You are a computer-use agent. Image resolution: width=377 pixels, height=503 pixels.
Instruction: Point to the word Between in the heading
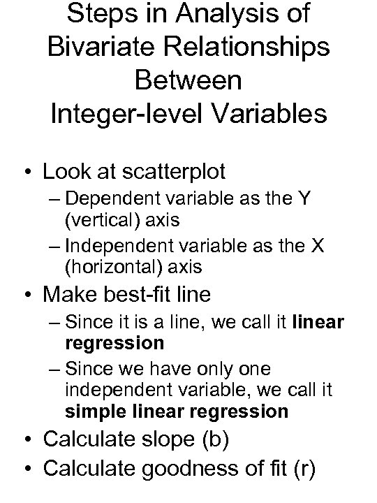[x=189, y=80]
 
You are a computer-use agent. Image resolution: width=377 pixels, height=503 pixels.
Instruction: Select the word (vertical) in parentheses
[x=105, y=220]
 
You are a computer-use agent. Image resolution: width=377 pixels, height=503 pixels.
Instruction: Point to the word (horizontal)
[x=117, y=267]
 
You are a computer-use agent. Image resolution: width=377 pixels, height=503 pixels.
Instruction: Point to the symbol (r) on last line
[x=304, y=467]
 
